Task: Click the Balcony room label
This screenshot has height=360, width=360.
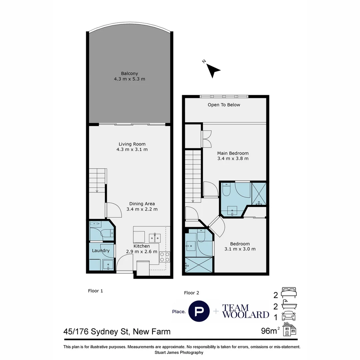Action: (x=129, y=73)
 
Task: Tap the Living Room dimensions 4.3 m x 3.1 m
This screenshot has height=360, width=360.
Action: (x=130, y=149)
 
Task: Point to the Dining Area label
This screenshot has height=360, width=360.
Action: (x=142, y=204)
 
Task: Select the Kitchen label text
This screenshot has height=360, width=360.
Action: (x=142, y=246)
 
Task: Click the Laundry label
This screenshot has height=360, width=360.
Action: (x=101, y=251)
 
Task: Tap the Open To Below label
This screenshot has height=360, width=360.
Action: (x=224, y=105)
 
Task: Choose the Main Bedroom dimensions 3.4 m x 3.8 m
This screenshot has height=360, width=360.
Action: (x=233, y=159)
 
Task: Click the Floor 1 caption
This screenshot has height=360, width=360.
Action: (x=95, y=291)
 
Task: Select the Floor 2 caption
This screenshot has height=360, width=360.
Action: (x=192, y=293)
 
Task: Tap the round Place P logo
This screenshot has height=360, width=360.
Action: (x=199, y=311)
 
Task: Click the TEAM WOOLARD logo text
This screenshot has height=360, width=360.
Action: (x=245, y=311)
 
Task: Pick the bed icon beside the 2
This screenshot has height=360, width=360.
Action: (x=289, y=293)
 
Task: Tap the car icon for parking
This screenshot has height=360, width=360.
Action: (x=289, y=316)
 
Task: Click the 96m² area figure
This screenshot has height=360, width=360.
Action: (x=270, y=331)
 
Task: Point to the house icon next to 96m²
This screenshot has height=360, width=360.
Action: (x=289, y=329)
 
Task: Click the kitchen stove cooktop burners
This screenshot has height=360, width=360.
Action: (x=165, y=257)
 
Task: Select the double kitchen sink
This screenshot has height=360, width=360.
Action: (x=154, y=238)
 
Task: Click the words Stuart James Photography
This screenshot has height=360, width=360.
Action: (x=179, y=352)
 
